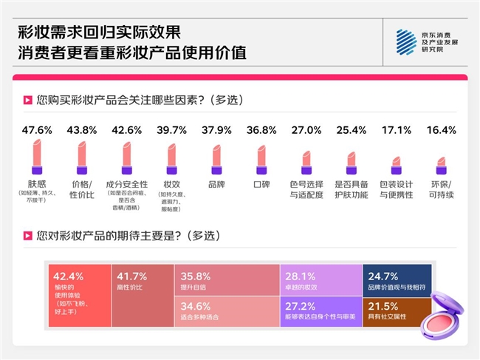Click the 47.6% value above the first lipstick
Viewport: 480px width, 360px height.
tap(36, 130)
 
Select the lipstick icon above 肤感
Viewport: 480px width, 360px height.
tap(36, 157)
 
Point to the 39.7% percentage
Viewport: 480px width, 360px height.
tap(172, 130)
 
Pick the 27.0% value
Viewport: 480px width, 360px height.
tap(306, 130)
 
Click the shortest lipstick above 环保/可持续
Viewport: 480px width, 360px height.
tap(442, 165)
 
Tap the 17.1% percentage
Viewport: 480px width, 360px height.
tap(397, 130)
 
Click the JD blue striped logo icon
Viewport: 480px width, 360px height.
tap(406, 42)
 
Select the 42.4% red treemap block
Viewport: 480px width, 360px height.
tap(78, 296)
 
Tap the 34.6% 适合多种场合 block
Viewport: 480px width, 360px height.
tap(227, 312)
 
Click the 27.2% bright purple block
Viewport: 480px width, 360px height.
tap(320, 312)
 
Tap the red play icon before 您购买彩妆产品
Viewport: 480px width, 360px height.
tap(27, 99)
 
